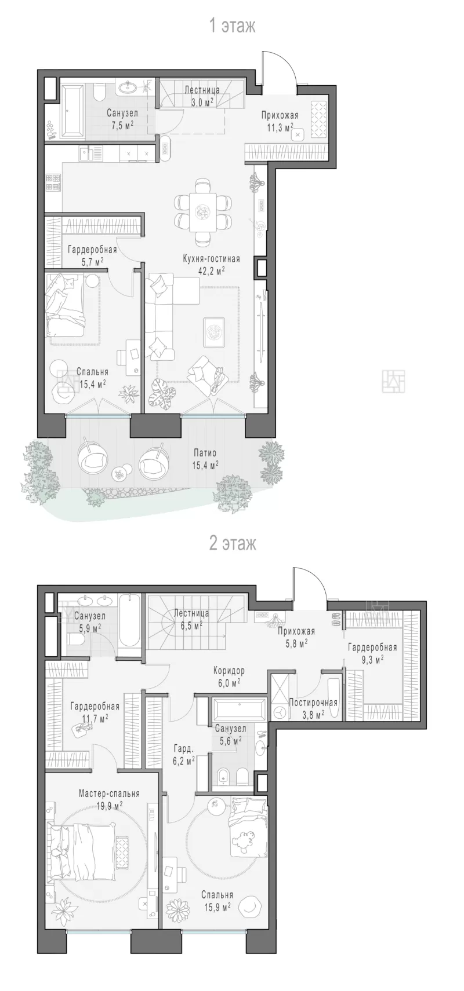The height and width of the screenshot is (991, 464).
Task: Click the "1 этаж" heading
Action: pyautogui.click(x=232, y=25)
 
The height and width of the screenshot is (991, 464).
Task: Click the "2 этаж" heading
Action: pyautogui.click(x=232, y=543)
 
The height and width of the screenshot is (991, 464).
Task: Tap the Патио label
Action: pyautogui.click(x=205, y=453)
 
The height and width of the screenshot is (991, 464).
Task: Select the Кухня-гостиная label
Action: pyautogui.click(x=211, y=259)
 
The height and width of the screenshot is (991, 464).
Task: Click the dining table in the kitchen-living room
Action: pyautogui.click(x=204, y=212)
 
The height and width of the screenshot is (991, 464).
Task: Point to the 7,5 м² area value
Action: pyautogui.click(x=122, y=125)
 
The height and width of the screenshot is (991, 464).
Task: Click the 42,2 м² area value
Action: pyautogui.click(x=211, y=270)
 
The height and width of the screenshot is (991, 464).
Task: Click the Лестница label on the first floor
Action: pyautogui.click(x=202, y=90)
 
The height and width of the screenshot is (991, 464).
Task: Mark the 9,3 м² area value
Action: pyautogui.click(x=371, y=659)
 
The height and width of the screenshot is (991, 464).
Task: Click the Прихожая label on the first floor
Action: pyautogui.click(x=280, y=115)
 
